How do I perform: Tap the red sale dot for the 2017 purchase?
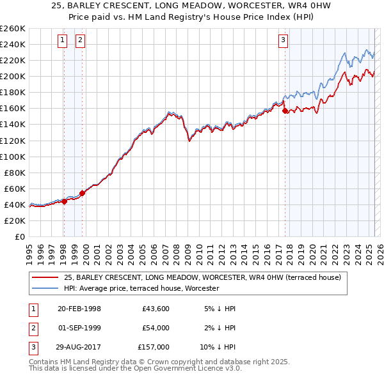pos(285,111)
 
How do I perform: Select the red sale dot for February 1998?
pos(64,201)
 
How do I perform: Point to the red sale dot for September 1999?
pos(82,193)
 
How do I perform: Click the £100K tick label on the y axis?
pos(12,157)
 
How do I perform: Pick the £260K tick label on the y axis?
pos(12,29)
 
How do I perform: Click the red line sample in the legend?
pos(45,277)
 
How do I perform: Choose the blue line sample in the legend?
pos(45,288)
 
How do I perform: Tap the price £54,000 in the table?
pos(156,328)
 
